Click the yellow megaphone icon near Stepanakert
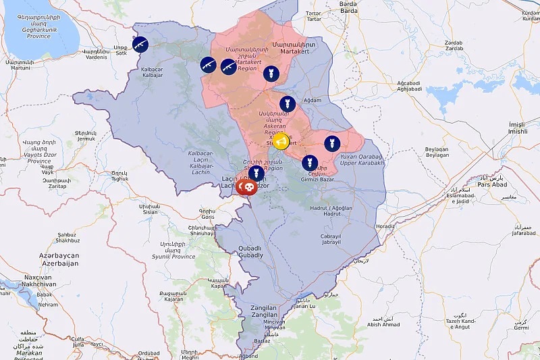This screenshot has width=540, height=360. [281, 142]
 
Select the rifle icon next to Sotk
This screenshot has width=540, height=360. [141, 44]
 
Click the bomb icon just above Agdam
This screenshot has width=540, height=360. [288, 103]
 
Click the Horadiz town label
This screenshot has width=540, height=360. [385, 226]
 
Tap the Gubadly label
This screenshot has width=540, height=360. [250, 253]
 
